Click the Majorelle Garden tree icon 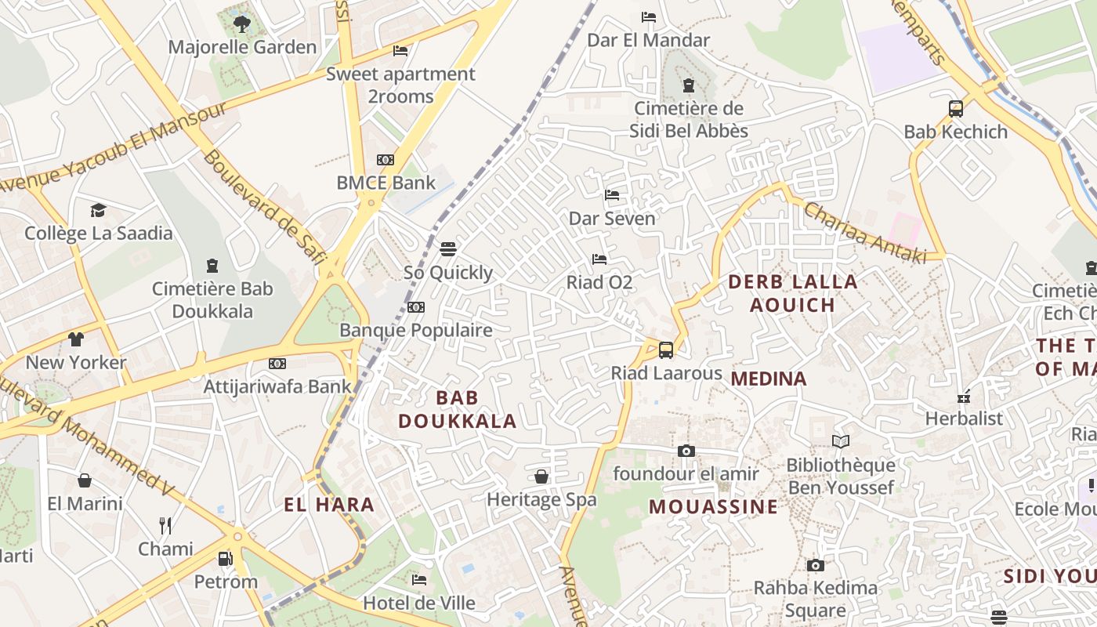(241, 24)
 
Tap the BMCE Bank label (386, 183)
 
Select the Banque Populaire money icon (416, 307)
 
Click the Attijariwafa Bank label (277, 386)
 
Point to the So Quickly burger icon (448, 249)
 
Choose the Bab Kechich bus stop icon (956, 109)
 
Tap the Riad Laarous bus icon (666, 350)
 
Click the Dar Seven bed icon (612, 195)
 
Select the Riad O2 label (599, 282)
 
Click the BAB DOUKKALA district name (457, 409)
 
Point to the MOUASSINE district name (713, 507)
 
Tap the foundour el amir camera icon (686, 451)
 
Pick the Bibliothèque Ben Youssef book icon (841, 442)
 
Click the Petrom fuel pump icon (226, 559)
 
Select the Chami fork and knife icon (165, 525)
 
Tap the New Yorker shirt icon (76, 339)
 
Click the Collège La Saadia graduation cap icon (98, 210)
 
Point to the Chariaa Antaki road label (865, 233)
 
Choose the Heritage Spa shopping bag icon (541, 477)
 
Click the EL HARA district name (329, 505)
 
